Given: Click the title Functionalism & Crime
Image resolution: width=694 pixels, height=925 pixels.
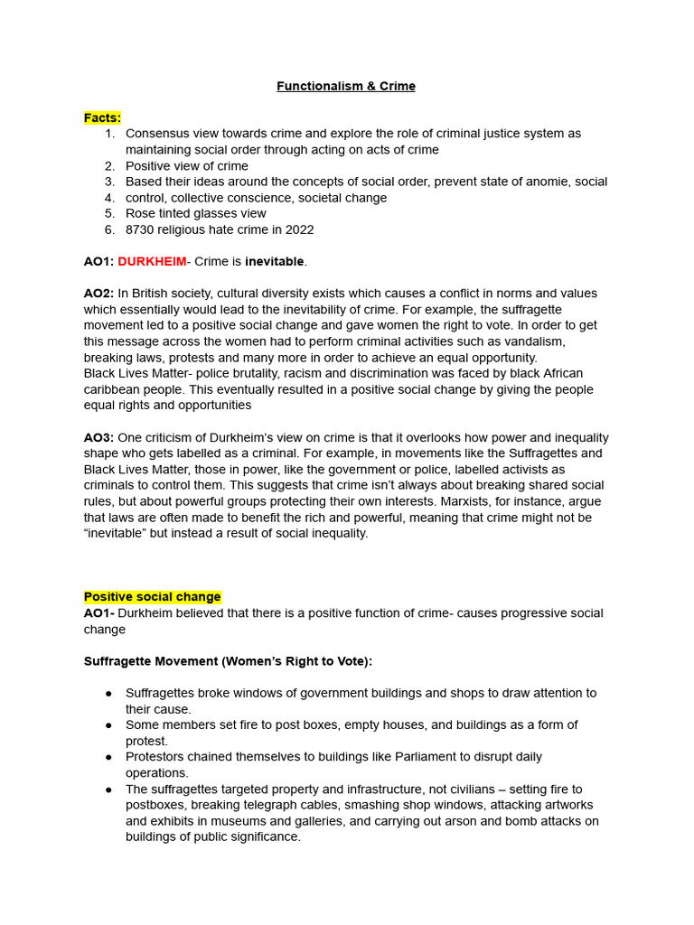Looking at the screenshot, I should (x=346, y=87).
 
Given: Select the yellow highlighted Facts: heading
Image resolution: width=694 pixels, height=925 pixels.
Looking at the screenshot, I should (x=102, y=117).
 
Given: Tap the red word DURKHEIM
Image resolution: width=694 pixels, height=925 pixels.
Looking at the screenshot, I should (x=152, y=262).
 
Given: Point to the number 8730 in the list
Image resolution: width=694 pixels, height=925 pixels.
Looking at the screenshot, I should (x=141, y=229).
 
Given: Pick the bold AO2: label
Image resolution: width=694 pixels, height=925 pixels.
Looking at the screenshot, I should (x=98, y=294).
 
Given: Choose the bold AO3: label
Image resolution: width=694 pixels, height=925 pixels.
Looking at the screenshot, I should (x=98, y=437).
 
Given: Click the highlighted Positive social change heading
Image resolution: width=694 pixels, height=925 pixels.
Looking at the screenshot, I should (x=152, y=597).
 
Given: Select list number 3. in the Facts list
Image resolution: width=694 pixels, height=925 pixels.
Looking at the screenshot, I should (x=109, y=182).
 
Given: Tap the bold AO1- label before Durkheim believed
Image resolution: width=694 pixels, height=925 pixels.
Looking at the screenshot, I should (x=98, y=613).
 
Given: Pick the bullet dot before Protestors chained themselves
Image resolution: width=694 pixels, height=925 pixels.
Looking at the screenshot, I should (x=109, y=757).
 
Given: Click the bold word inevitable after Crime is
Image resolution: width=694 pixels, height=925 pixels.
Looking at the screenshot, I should (x=275, y=262).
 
